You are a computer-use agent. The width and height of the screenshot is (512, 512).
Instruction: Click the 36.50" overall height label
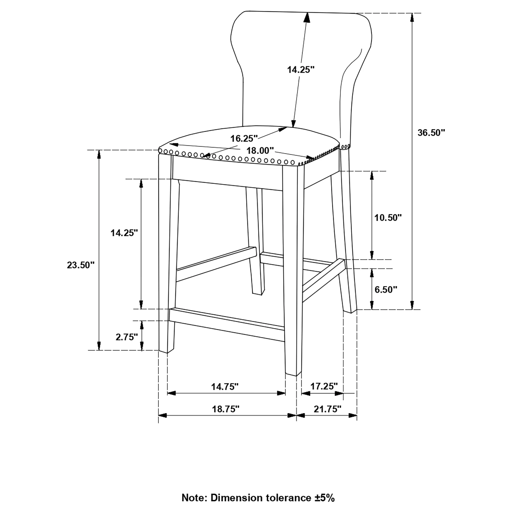(x=431, y=133)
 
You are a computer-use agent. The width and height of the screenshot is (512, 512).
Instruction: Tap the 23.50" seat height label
(x=80, y=265)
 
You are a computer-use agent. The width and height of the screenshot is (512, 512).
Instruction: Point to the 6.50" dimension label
(x=386, y=289)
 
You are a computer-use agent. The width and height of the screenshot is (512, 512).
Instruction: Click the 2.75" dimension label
(x=127, y=337)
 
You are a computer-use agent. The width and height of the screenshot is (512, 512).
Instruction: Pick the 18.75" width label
(x=225, y=409)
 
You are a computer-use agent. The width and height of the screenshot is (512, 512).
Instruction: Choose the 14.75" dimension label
(x=225, y=387)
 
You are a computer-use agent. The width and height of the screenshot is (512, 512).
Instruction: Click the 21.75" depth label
(x=327, y=409)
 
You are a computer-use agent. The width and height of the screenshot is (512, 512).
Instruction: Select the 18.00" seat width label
(x=260, y=151)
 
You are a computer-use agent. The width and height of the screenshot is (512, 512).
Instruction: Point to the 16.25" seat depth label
(x=244, y=138)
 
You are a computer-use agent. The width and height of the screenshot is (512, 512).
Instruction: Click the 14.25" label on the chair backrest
(x=301, y=70)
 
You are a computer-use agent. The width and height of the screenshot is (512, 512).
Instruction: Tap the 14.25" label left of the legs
(x=124, y=233)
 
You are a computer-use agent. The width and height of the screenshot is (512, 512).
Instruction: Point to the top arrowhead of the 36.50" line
(x=412, y=17)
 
